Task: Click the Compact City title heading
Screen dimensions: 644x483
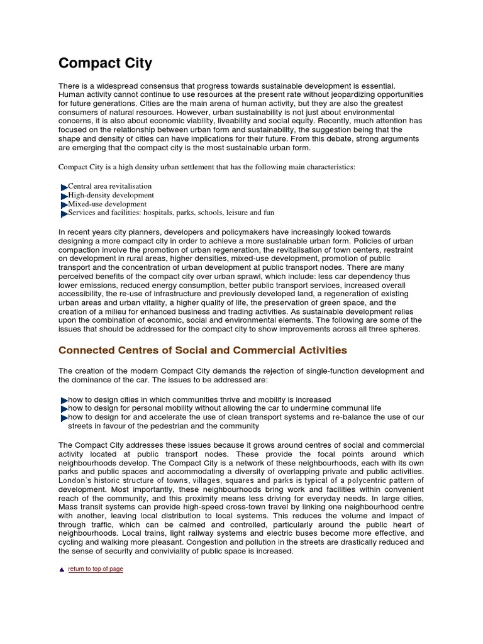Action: pyautogui.click(x=105, y=64)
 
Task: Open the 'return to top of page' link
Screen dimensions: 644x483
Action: pyautogui.click(x=96, y=569)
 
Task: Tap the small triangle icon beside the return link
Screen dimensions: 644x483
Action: pyautogui.click(x=62, y=569)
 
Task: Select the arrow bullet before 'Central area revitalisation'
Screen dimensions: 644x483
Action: pyautogui.click(x=64, y=187)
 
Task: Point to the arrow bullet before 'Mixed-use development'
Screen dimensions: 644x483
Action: pyautogui.click(x=64, y=205)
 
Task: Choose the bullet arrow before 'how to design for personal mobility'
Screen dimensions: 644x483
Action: pyautogui.click(x=64, y=409)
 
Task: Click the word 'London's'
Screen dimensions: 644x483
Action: pyautogui.click(x=76, y=480)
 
